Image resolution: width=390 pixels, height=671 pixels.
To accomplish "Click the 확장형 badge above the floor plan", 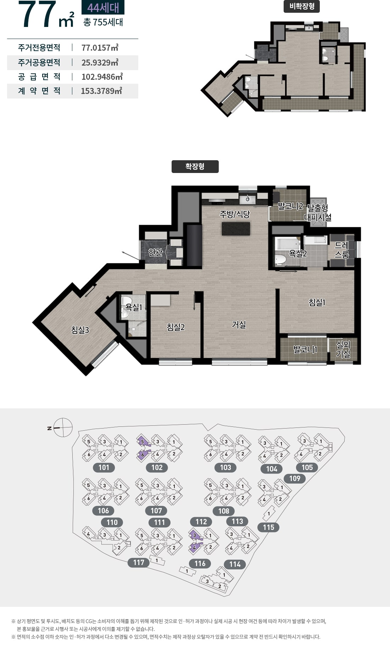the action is [195, 167].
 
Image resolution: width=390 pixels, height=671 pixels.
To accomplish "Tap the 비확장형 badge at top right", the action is [302, 6].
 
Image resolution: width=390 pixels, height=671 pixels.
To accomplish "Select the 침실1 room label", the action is [317, 302].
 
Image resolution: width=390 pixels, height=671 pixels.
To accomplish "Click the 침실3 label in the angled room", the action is [80, 330].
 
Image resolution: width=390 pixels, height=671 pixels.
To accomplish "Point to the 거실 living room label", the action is [239, 324].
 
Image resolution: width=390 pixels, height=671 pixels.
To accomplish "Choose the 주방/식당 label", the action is [235, 214].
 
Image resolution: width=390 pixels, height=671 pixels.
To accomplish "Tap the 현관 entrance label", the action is [155, 252].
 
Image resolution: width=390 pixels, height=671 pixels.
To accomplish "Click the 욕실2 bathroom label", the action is [298, 253].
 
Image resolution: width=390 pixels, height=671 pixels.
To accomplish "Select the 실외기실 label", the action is [343, 349].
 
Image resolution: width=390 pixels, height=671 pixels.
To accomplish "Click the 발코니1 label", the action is [306, 350].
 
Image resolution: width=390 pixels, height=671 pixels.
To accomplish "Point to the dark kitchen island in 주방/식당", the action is [236, 229].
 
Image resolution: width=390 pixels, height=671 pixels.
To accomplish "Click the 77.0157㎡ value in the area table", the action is [100, 48].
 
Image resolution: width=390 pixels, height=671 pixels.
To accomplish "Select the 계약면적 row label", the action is [39, 91].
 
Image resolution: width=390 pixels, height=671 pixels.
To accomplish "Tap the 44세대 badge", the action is [103, 7].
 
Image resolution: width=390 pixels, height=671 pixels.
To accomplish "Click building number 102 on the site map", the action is [157, 468].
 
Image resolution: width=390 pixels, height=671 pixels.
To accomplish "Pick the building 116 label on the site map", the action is [200, 564].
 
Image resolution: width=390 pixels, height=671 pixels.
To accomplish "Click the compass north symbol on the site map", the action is [63, 427].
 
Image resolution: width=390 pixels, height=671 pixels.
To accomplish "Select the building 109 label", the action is [295, 479].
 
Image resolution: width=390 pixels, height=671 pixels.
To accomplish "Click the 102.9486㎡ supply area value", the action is [102, 77].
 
